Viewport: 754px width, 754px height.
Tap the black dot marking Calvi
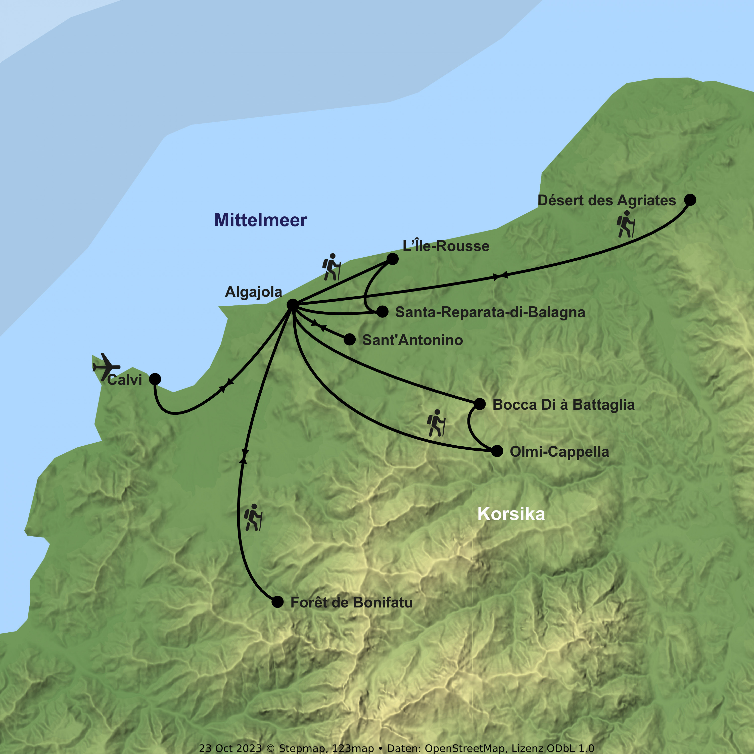click(x=155, y=379)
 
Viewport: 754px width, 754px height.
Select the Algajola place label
click(x=253, y=292)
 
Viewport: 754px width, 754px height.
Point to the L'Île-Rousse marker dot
click(x=392, y=259)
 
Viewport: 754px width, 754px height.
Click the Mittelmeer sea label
click(x=261, y=220)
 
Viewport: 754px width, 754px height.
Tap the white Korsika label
click(x=511, y=514)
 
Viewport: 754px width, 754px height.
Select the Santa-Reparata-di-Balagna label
click(x=490, y=312)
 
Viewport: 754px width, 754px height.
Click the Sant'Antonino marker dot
click(x=350, y=340)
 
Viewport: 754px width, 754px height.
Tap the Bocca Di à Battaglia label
click(x=563, y=405)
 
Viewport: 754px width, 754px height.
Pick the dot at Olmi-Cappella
click(x=497, y=451)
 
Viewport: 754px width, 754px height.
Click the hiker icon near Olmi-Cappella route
click(x=436, y=423)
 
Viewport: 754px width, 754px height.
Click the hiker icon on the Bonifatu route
click(x=253, y=517)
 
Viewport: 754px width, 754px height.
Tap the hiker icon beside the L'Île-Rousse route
click(x=331, y=267)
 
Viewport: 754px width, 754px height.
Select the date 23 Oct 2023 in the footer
click(x=230, y=748)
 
